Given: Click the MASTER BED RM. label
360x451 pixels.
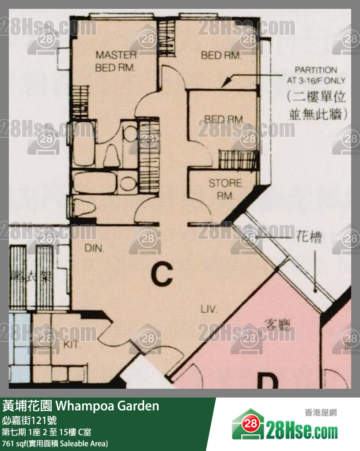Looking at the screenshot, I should (116, 61).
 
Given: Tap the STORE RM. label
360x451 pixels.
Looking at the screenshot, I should (225, 189).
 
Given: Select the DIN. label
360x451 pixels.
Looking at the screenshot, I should (94, 249).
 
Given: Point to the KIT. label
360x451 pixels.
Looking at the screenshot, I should (71, 344).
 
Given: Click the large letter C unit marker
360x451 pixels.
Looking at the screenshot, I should (161, 274).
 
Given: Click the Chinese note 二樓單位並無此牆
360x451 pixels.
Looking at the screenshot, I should (316, 105).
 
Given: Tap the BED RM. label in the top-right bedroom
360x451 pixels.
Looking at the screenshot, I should (221, 55).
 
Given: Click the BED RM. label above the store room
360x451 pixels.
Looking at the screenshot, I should (224, 119).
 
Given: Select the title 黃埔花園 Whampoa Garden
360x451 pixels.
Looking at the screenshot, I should (80, 406).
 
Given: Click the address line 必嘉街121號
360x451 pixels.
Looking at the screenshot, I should (29, 420).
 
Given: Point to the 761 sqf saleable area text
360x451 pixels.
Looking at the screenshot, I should (55, 443).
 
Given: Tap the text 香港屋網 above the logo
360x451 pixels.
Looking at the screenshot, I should (321, 413).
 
